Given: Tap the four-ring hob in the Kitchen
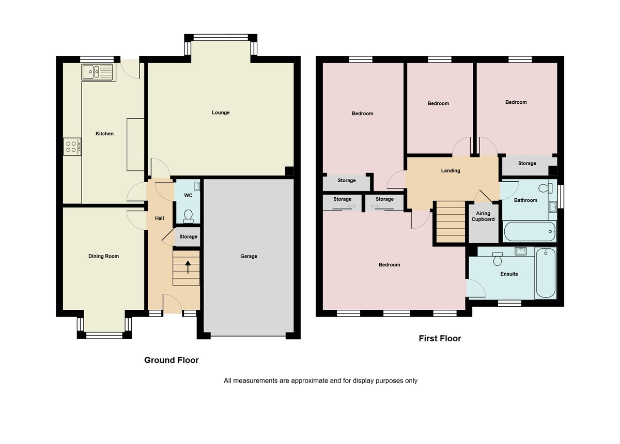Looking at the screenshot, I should pyautogui.click(x=71, y=147).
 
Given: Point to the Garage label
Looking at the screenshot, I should pyautogui.click(x=249, y=256).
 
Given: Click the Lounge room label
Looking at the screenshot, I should pyautogui.click(x=221, y=113).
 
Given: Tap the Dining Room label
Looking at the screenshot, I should pyautogui.click(x=104, y=256).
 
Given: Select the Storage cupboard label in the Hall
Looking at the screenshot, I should pyautogui.click(x=189, y=237).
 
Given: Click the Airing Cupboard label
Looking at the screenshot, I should pyautogui.click(x=483, y=216).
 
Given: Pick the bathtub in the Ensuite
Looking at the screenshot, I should pyautogui.click(x=546, y=273).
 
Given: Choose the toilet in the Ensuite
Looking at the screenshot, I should pyautogui.click(x=498, y=258).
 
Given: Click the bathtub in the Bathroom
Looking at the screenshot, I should pyautogui.click(x=529, y=231).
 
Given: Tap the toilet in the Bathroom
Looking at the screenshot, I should pyautogui.click(x=544, y=188).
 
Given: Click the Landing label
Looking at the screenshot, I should pyautogui.click(x=451, y=170).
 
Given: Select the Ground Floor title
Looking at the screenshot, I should pyautogui.click(x=171, y=360).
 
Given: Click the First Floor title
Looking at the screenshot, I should pyautogui.click(x=440, y=339).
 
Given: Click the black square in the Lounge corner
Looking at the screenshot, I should pyautogui.click(x=289, y=171).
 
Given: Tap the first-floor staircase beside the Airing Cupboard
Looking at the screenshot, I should pyautogui.click(x=451, y=221).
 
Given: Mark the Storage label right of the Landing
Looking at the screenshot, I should pyautogui.click(x=527, y=164).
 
